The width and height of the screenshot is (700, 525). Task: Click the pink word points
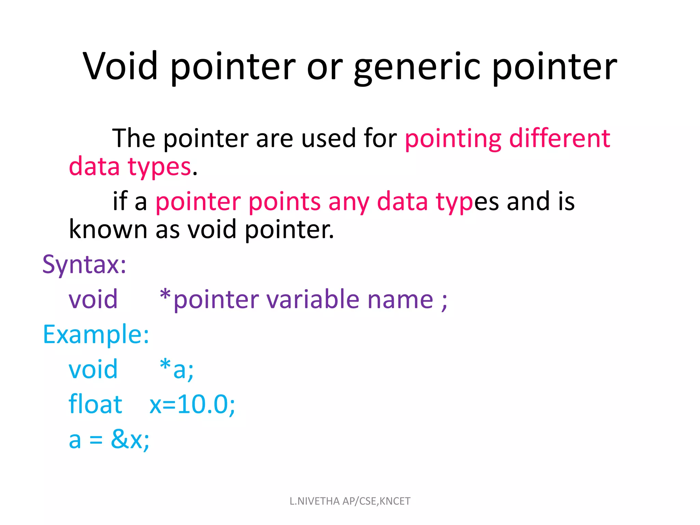(284, 202)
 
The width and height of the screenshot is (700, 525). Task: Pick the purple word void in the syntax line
(93, 299)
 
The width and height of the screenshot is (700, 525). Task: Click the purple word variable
(313, 299)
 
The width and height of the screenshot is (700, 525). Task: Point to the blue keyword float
(95, 404)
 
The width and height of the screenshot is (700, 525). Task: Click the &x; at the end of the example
(130, 440)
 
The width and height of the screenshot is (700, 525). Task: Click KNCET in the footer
(395, 501)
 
